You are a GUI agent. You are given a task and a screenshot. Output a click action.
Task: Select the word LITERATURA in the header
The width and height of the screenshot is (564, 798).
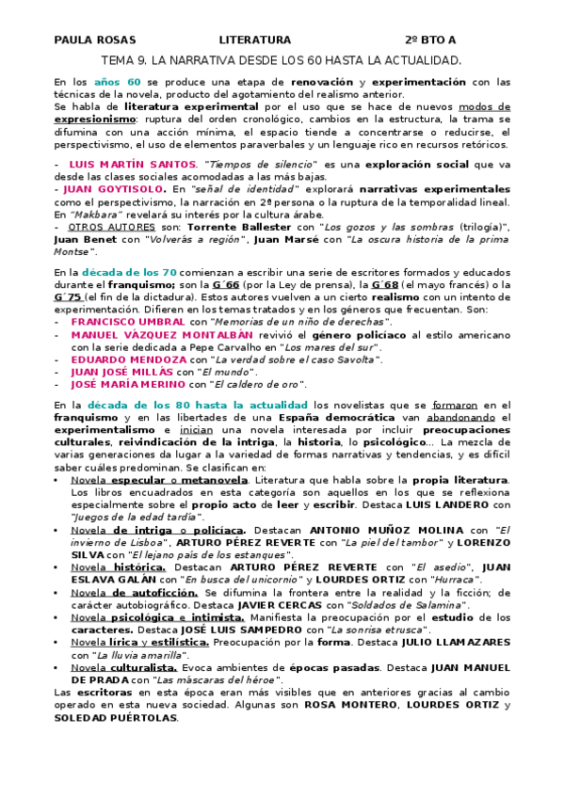pos(255,40)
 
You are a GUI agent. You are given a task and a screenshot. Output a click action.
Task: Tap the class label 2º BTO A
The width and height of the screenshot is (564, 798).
pos(430,40)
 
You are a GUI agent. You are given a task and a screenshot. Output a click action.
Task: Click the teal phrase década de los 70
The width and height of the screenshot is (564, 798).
pos(127,272)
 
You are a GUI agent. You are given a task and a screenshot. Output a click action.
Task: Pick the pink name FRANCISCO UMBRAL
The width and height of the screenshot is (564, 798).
pos(127,322)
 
